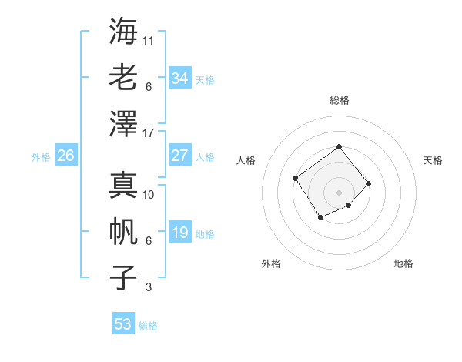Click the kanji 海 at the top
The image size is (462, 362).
tap(123, 32)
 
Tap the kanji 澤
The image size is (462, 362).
tap(123, 123)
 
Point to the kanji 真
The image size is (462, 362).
tap(123, 185)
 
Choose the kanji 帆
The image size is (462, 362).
tap(123, 231)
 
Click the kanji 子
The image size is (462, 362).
tap(123, 277)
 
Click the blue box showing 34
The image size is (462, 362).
tap(179, 78)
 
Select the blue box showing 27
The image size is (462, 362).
tap(179, 155)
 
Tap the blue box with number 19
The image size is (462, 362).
tap(179, 232)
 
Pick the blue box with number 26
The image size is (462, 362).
tap(65, 156)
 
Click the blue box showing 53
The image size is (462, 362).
tap(123, 323)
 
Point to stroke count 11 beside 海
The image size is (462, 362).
tap(149, 40)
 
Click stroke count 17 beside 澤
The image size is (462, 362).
tap(149, 133)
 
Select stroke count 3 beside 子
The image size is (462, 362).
tap(148, 287)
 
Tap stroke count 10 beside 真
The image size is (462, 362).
tap(149, 195)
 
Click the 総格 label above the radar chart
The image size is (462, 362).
tap(339, 100)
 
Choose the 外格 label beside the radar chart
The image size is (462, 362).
tap(271, 263)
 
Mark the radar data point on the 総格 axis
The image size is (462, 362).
tap(339, 146)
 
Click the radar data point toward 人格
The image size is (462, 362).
tap(296, 178)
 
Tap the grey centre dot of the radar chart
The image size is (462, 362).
tap(339, 192)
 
